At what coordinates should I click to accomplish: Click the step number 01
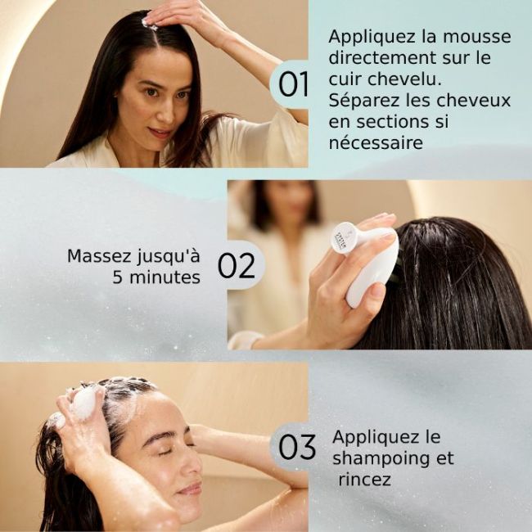tap(294, 83)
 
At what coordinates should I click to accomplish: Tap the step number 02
tap(237, 266)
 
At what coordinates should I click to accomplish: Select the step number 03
tap(297, 447)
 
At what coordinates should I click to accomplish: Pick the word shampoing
tap(393, 458)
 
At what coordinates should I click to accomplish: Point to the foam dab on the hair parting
tap(150, 25)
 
